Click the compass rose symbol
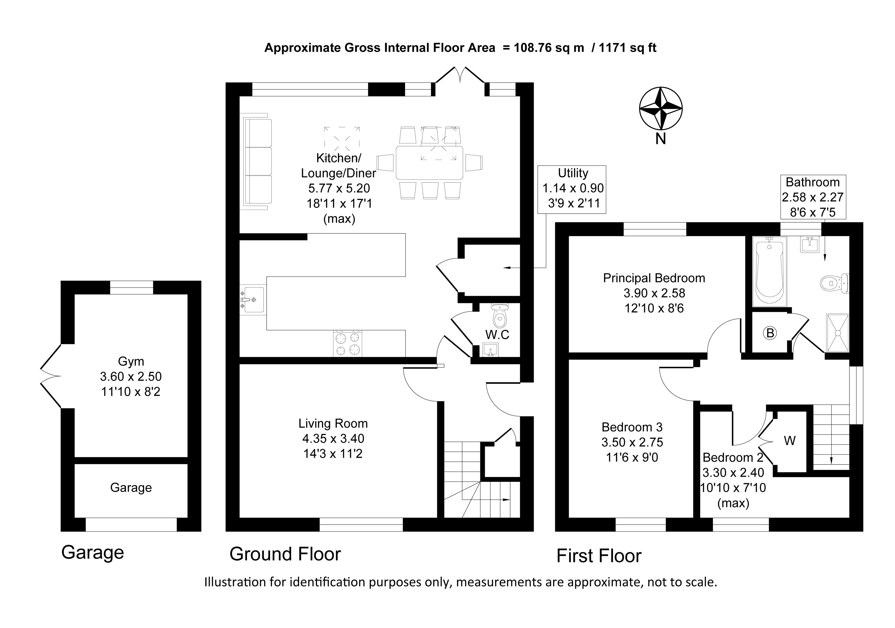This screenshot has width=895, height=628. coord(660,108)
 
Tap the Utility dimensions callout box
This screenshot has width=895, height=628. coord(572,190)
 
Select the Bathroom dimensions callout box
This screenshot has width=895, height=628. coord(813,197)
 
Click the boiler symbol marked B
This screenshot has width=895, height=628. coord(770,333)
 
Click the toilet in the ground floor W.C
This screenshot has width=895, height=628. coord(500,315)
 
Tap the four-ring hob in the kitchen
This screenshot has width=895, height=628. coord(347,344)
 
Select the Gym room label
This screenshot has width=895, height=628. coord(131,361)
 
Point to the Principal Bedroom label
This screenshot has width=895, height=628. coord(654,278)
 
